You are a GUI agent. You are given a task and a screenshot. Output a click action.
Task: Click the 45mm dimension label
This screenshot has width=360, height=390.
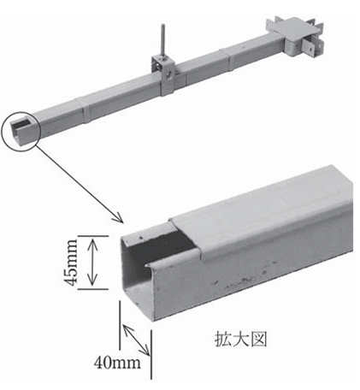coord(71,263)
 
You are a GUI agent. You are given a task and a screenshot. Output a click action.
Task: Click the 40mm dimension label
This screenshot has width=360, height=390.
coord(117,363)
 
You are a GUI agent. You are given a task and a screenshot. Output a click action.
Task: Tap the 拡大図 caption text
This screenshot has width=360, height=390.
coord(240,339)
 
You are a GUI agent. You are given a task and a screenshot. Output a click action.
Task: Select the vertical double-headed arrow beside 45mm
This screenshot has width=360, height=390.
coord(92,263)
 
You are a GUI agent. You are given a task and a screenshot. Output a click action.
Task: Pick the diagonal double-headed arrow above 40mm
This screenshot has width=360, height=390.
coord(136,340)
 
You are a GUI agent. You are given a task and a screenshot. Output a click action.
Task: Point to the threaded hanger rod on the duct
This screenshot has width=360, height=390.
coord(162,40)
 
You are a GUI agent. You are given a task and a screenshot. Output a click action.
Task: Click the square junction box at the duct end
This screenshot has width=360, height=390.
coord(297,36)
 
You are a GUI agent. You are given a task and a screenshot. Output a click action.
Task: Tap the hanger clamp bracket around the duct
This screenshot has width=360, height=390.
coord(165,75)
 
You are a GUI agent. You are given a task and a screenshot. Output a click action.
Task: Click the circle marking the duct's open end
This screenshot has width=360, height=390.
coord(21,130)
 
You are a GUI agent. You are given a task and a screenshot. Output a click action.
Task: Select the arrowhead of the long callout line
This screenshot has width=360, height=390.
coord(119,218)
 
